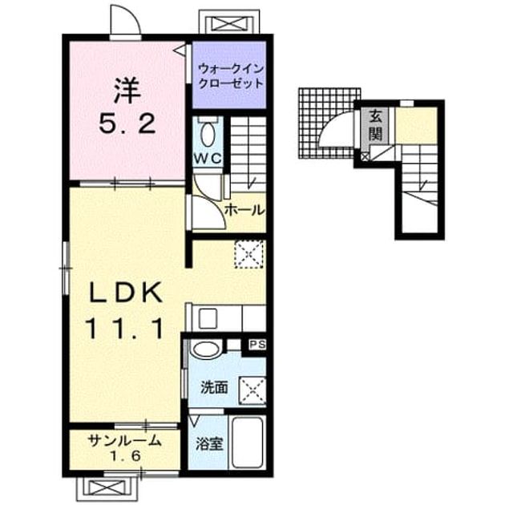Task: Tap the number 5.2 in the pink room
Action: click(127, 124)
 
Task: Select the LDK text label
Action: click(126, 293)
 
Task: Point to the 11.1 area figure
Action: click(125, 328)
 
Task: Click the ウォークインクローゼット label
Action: click(231, 76)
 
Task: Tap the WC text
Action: click(208, 159)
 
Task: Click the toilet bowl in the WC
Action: click(208, 135)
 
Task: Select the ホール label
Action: click(244, 210)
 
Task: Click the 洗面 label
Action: click(214, 387)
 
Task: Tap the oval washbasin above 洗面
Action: click(205, 349)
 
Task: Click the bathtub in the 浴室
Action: click(248, 442)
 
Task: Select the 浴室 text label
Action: click(210, 444)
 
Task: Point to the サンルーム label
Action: click(124, 440)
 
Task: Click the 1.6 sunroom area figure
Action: click(126, 456)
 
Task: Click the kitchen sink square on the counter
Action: click(208, 318)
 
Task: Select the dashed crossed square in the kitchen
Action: click(249, 254)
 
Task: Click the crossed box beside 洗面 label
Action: click(252, 391)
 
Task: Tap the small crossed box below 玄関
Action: click(365, 157)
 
